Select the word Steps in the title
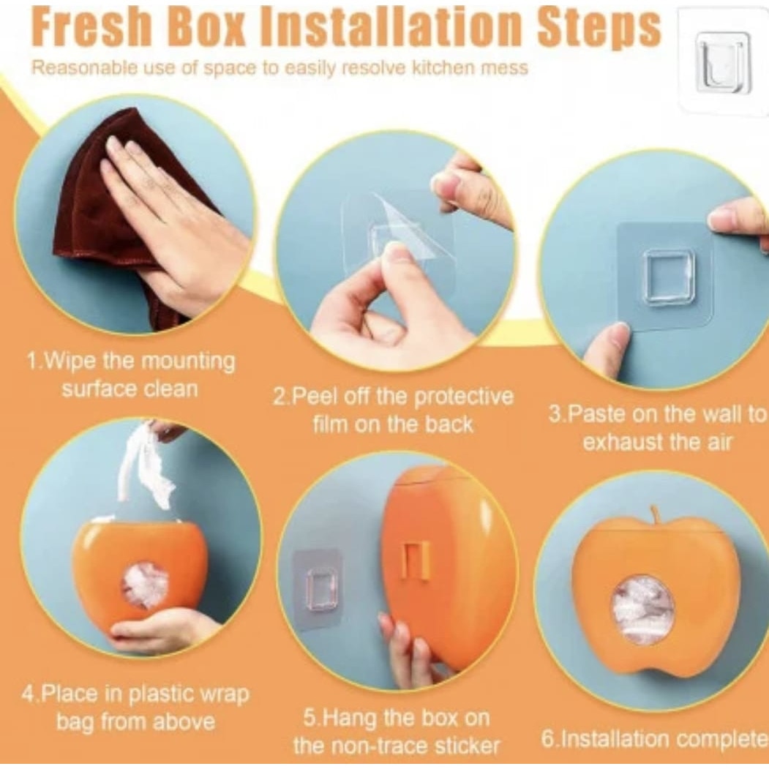pos(599,28)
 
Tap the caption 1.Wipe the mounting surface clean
pos(130,375)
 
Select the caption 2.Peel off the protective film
pos(394,410)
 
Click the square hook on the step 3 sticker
pos(667,277)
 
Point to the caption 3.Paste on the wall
pos(657,428)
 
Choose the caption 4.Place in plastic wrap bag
pos(135,708)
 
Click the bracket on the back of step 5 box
pos(416,559)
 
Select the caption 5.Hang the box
pos(397,732)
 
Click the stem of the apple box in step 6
pos(656,516)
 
